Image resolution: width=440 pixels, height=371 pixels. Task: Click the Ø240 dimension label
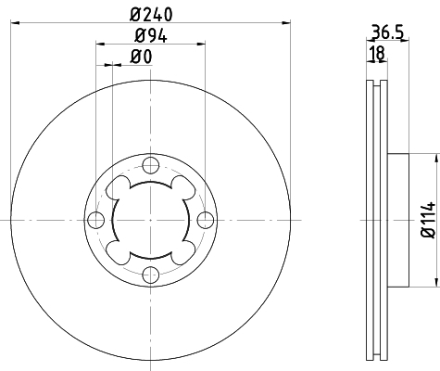(151, 15)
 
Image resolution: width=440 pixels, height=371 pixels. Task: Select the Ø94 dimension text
(151, 35)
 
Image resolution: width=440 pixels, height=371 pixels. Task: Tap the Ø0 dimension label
(141, 57)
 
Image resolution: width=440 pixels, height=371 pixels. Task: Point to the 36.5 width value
(387, 32)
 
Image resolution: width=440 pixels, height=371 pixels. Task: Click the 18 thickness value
(377, 53)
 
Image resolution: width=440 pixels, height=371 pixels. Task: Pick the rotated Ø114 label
(428, 220)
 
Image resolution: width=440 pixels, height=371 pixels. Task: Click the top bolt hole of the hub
(151, 165)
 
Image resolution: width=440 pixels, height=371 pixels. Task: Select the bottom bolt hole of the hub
(151, 275)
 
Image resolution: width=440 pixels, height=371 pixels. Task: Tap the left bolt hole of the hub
(96, 220)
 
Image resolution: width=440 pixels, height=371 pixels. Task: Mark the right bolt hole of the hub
(206, 220)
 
